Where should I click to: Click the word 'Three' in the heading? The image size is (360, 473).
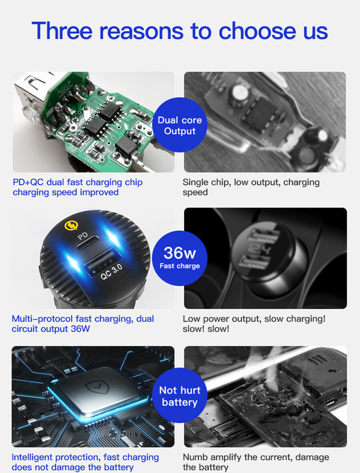(62, 30)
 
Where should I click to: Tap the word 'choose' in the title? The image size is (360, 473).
(258, 30)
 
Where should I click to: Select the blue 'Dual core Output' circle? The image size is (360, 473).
(180, 125)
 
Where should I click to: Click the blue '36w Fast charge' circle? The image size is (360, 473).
(180, 258)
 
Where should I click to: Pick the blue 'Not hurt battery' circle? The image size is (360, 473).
(180, 395)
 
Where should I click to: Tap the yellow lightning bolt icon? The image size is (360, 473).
(72, 225)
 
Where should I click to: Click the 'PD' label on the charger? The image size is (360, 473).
(83, 236)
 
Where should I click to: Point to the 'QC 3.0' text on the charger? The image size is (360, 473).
(111, 272)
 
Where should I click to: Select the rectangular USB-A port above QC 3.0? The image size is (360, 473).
(101, 261)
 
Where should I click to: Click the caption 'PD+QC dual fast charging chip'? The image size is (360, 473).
(78, 182)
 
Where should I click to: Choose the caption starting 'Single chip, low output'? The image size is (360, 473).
(251, 187)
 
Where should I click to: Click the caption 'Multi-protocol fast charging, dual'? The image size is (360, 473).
(83, 319)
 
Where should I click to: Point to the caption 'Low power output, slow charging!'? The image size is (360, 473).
(254, 319)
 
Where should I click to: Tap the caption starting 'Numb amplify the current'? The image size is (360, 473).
(256, 462)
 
